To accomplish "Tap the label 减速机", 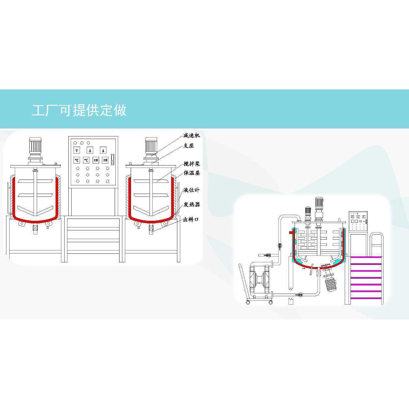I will tap(192, 135).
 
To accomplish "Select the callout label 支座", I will tap(189, 146).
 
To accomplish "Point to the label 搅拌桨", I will tap(192, 164).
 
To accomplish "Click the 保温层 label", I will tap(192, 173).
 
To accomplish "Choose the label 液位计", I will tap(192, 190).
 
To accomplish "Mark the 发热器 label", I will tap(192, 204).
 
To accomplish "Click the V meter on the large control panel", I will tap(77, 150).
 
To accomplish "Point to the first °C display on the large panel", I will tap(77, 160).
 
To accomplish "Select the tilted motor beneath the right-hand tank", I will tap(329, 281).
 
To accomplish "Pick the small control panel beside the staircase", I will tap(359, 221).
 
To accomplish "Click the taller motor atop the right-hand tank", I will tap(319, 208).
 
